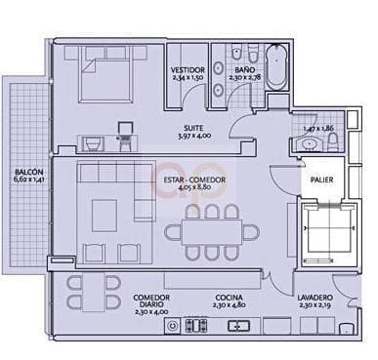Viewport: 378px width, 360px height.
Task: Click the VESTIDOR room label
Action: point(189,70)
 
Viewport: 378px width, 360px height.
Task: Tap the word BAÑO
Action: point(244,70)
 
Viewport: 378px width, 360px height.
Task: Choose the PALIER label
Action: point(321,180)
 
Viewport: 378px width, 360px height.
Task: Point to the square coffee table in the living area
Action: point(105,214)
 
